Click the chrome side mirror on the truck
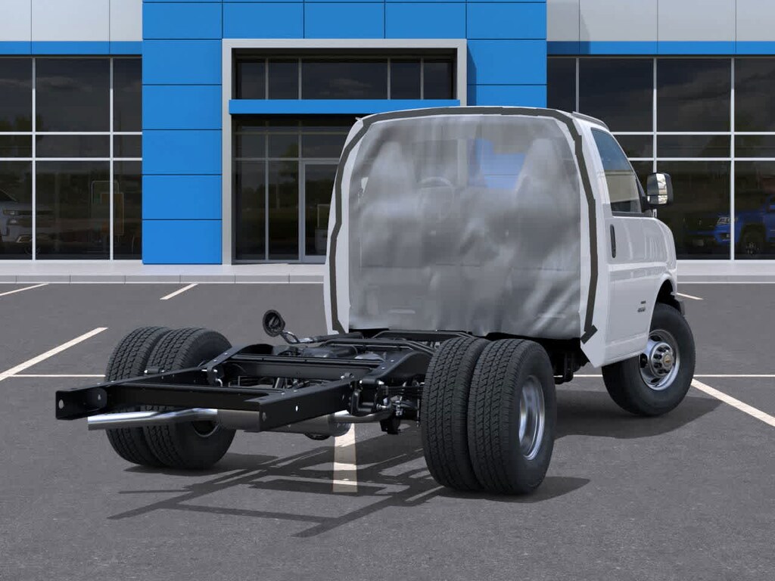tap(658, 189)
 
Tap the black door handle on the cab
tap(612, 241)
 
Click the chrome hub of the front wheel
tap(659, 359)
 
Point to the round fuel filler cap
tap(273, 322)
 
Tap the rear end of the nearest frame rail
tap(72, 402)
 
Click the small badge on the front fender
tap(642, 306)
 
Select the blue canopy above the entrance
tap(344, 107)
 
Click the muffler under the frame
tap(318, 424)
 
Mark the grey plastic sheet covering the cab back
tap(462, 227)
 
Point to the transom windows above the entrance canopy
tap(344, 79)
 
